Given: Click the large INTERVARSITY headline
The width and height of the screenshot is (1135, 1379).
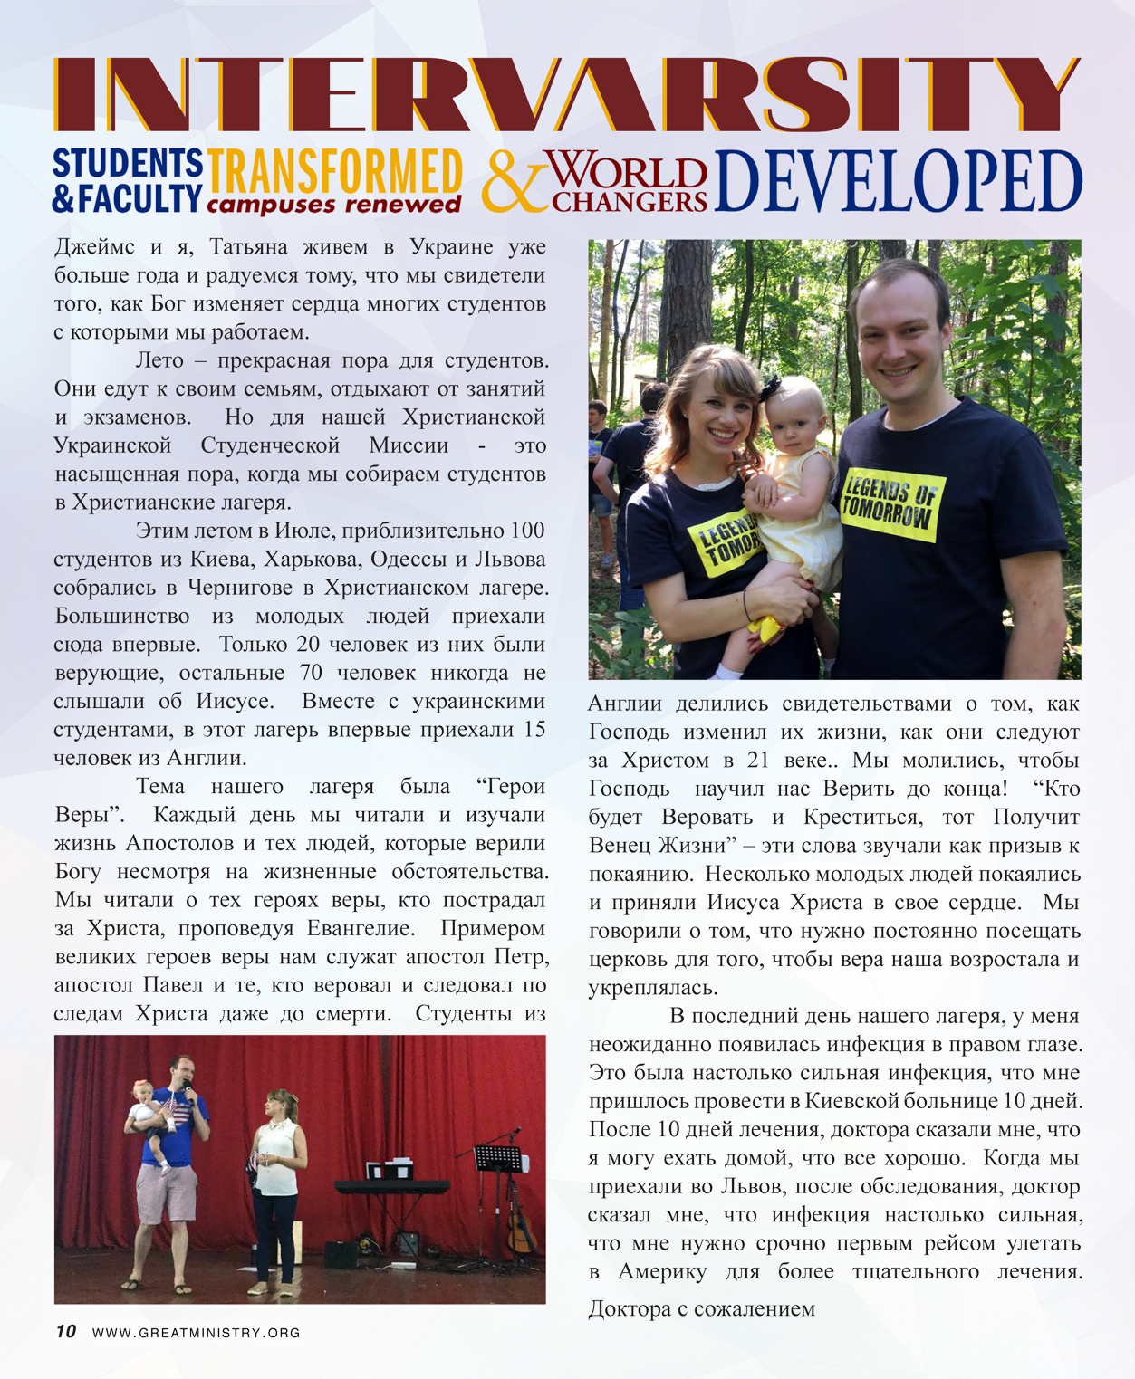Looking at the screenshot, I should tap(567, 93).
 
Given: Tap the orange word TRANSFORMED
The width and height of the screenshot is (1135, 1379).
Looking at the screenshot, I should tap(334, 170).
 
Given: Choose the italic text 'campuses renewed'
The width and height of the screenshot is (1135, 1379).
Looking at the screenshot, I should tap(333, 205).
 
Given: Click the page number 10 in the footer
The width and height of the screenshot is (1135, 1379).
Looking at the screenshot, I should tap(65, 1331).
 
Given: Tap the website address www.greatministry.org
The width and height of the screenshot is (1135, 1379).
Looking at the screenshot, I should tap(197, 1333).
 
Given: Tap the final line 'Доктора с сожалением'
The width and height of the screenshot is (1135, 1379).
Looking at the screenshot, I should tap(701, 1308).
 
